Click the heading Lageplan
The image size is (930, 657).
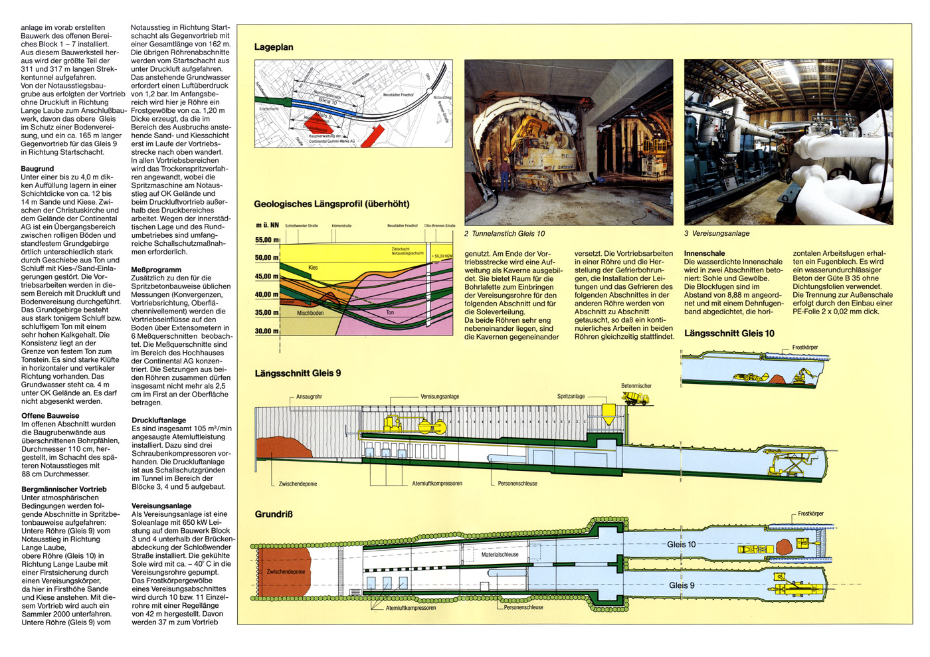(274, 47)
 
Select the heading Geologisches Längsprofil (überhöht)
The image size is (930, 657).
(331, 204)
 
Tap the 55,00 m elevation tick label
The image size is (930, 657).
(267, 240)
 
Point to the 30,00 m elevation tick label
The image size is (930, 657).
(267, 331)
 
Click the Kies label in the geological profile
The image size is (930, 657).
(313, 268)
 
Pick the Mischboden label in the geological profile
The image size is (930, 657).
(310, 313)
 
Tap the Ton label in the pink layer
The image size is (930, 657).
(390, 312)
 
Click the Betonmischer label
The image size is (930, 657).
(636, 386)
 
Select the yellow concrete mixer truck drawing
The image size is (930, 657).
(634, 398)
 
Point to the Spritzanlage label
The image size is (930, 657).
(571, 397)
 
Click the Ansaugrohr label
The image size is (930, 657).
(309, 397)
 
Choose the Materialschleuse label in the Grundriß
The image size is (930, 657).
(500, 555)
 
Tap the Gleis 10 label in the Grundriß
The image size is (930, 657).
(682, 544)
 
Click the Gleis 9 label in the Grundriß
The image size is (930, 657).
(682, 585)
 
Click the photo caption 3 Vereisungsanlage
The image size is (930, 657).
(717, 234)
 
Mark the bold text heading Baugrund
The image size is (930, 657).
(37, 169)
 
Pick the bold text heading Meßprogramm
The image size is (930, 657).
(156, 270)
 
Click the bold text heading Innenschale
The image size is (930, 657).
(704, 253)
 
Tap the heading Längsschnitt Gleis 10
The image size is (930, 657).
(729, 333)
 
